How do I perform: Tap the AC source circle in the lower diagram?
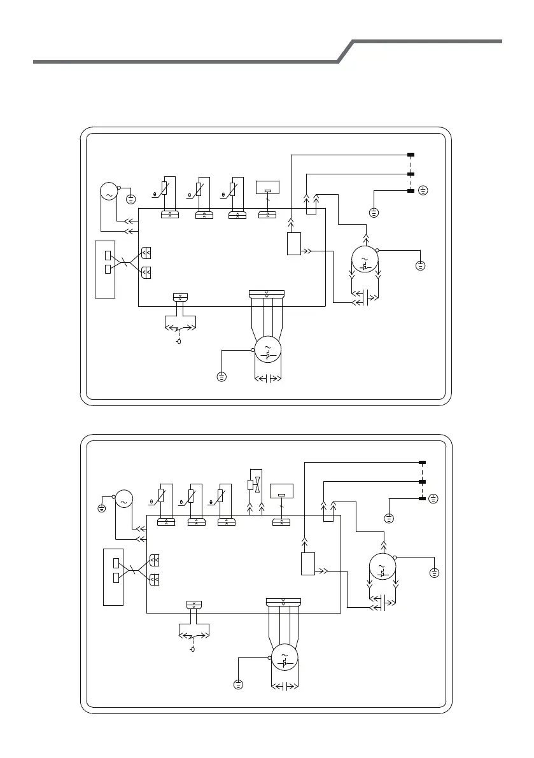(x=123, y=500)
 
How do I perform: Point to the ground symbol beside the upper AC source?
(x=130, y=199)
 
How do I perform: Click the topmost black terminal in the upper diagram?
(x=411, y=155)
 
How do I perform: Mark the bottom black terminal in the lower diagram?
(x=421, y=498)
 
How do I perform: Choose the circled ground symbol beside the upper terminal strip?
(x=423, y=190)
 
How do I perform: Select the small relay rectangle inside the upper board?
(x=293, y=244)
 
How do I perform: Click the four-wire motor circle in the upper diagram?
(x=267, y=349)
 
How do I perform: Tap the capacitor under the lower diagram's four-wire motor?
(x=285, y=686)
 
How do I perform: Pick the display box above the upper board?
(x=267, y=188)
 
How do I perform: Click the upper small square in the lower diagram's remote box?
(x=116, y=563)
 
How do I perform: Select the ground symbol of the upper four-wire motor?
(x=221, y=377)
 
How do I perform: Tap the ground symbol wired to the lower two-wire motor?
(x=434, y=573)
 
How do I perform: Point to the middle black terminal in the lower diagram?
(x=421, y=482)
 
